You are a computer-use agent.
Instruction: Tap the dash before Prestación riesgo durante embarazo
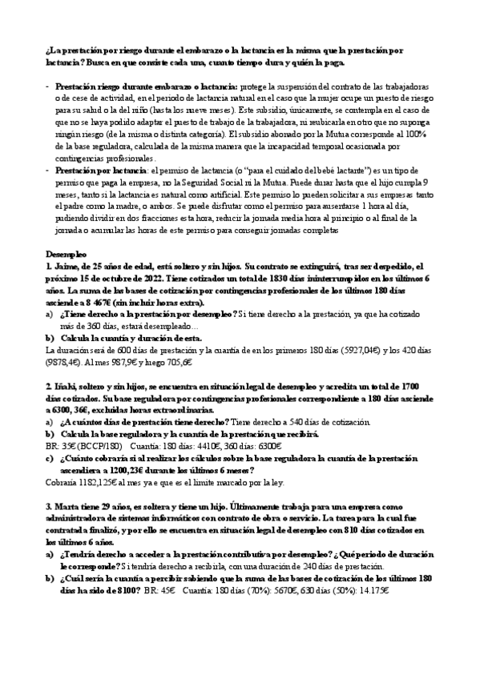pyautogui.click(x=48, y=85)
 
